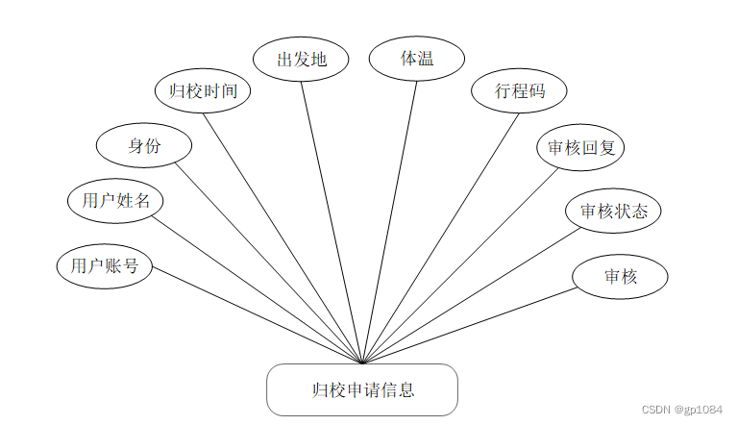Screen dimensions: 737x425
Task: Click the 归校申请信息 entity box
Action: pyautogui.click(x=361, y=389)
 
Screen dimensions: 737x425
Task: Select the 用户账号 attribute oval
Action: pyautogui.click(x=105, y=265)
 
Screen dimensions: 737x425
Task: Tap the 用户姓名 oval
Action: pyautogui.click(x=115, y=201)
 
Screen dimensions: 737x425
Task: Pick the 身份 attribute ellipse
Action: pyautogui.click(x=143, y=146)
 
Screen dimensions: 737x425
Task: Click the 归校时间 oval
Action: pyautogui.click(x=203, y=91)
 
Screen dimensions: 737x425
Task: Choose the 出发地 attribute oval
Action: pyautogui.click(x=301, y=59)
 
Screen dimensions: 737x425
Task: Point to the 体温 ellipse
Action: pyautogui.click(x=416, y=58)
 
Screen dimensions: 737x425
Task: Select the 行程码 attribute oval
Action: pyautogui.click(x=520, y=91)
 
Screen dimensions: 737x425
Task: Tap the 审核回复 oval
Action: pyautogui.click(x=580, y=148)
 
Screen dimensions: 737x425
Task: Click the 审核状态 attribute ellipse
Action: pyautogui.click(x=613, y=212)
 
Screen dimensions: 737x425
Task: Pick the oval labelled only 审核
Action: pyautogui.click(x=620, y=277)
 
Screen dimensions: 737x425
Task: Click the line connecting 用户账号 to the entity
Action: pyautogui.click(x=257, y=314)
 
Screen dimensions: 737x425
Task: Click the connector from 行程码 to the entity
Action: pyautogui.click(x=440, y=238)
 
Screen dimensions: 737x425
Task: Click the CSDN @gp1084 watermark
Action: pyautogui.click(x=682, y=409)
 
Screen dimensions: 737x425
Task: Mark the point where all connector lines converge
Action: pyautogui.click(x=361, y=363)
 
